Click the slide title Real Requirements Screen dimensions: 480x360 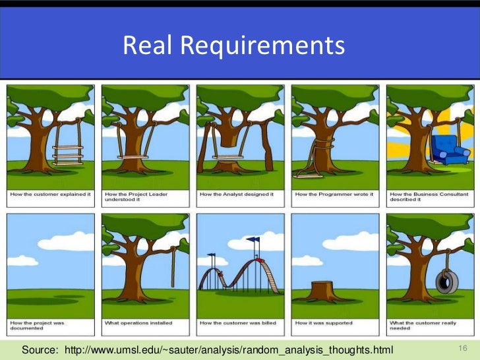(233, 45)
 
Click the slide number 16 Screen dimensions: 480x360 (462, 347)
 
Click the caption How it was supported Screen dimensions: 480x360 (324, 323)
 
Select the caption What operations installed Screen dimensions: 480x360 (139, 323)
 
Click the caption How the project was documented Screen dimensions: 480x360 (37, 326)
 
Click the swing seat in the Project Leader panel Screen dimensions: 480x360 (134, 157)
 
